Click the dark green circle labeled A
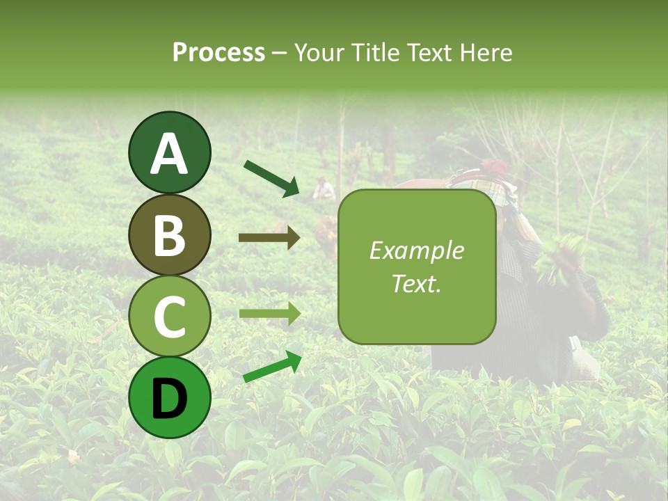pos(169,152)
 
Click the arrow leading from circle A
pos(271,178)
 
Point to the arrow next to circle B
pos(269,238)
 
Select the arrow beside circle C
pos(269,314)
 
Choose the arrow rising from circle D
pos(272,367)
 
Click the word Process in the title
pos(218,52)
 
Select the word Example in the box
pos(417,250)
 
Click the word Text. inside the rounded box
pos(417,283)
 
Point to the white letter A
pos(169,154)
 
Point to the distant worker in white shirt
pos(322,188)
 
